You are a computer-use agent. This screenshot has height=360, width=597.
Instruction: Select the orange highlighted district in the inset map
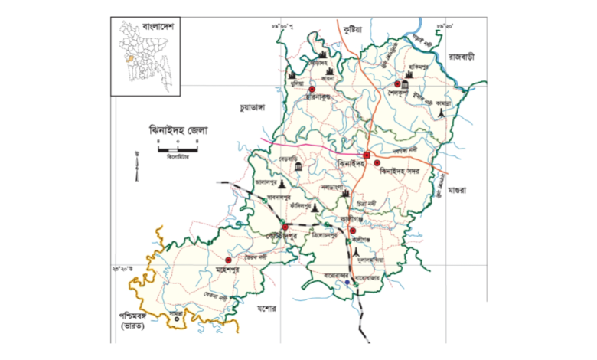click(129, 58)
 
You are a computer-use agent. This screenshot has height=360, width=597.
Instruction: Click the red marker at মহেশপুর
click(229, 260)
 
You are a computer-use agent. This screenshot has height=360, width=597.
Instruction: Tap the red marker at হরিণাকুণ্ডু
click(312, 90)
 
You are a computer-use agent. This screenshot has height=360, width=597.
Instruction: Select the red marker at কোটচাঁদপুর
click(285, 227)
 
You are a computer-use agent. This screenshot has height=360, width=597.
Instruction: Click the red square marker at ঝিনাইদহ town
click(367, 156)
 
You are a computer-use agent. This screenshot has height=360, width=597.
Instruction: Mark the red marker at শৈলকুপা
click(397, 84)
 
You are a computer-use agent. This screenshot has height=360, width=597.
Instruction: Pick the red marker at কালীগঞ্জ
click(353, 230)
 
